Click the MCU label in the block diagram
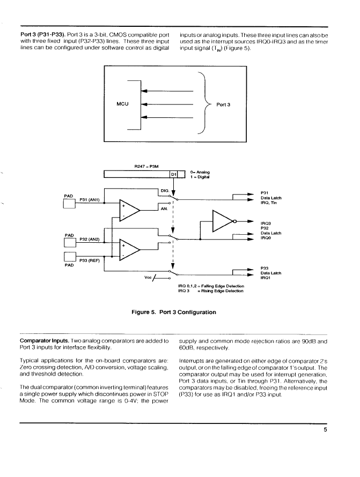[x=122, y=104]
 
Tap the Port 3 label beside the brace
[x=223, y=105]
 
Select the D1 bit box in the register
[x=174, y=174]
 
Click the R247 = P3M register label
[x=146, y=166]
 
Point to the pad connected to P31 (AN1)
[x=69, y=204]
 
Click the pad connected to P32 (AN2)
[x=70, y=243]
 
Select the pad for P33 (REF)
[x=70, y=257]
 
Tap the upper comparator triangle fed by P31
[x=129, y=210]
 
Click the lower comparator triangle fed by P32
[x=129, y=250]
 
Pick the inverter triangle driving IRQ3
[x=223, y=221]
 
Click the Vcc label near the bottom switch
[x=148, y=278]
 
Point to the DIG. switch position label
[x=165, y=191]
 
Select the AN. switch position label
[x=164, y=208]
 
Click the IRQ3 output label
[x=266, y=223]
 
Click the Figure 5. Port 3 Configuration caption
[x=174, y=312]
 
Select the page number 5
[x=325, y=430]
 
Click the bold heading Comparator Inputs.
[x=44, y=341]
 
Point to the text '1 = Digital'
[x=200, y=177]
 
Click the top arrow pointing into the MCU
[x=167, y=91]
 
